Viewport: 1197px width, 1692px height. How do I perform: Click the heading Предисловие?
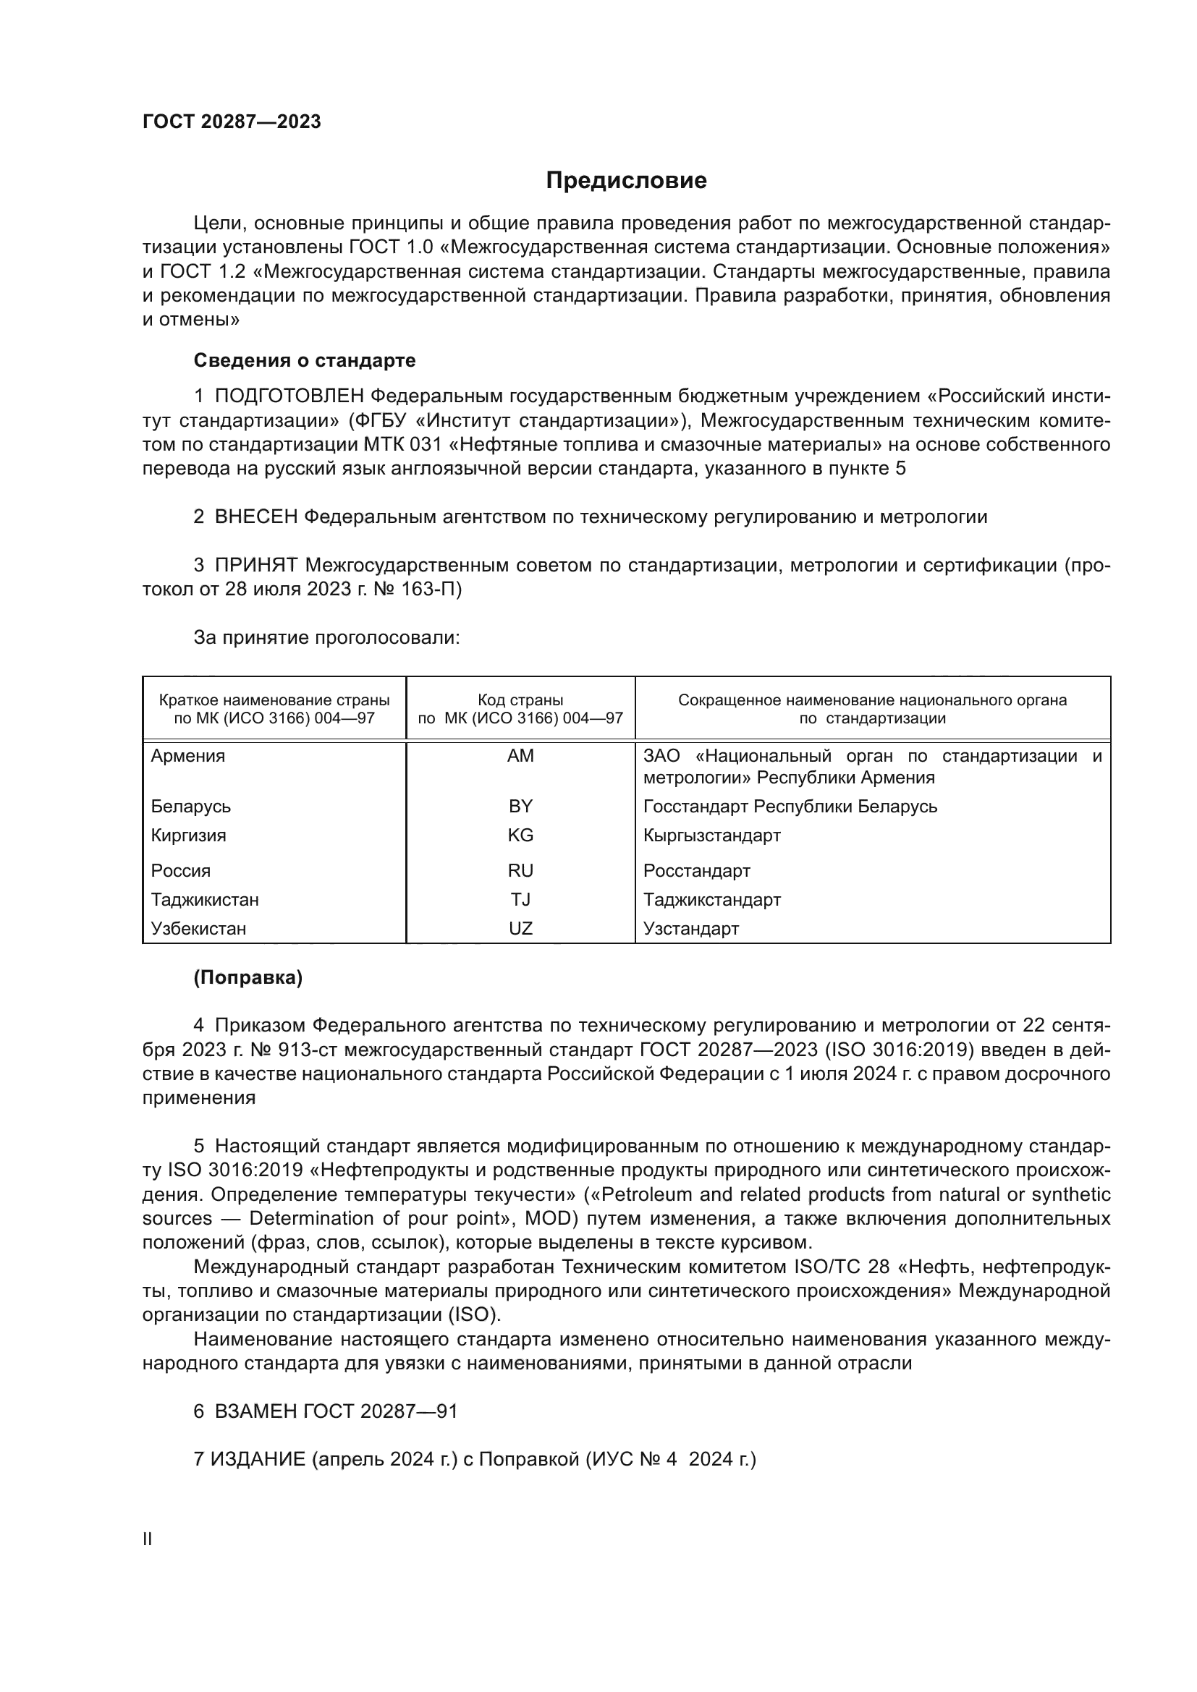(626, 181)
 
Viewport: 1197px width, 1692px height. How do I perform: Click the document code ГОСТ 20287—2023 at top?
(232, 122)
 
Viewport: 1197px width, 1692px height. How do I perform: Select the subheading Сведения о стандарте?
(305, 360)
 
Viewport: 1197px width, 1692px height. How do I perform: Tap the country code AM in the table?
(520, 756)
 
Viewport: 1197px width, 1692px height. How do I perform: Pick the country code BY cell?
(520, 806)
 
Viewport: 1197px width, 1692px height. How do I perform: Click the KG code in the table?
(520, 835)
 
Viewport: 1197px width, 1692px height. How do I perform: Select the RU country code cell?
(520, 870)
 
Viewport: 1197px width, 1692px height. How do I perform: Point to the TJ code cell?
(520, 899)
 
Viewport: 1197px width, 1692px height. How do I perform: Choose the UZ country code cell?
(520, 929)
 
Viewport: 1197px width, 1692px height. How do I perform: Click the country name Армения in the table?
(188, 756)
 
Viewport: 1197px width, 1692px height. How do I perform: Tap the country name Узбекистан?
(198, 929)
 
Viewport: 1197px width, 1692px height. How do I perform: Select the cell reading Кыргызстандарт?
(711, 835)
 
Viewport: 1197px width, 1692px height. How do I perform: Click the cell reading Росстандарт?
(696, 870)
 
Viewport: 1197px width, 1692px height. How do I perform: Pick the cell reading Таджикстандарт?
(711, 899)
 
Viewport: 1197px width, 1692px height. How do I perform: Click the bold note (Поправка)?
(248, 978)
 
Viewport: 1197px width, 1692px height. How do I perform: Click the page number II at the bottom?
(148, 1539)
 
